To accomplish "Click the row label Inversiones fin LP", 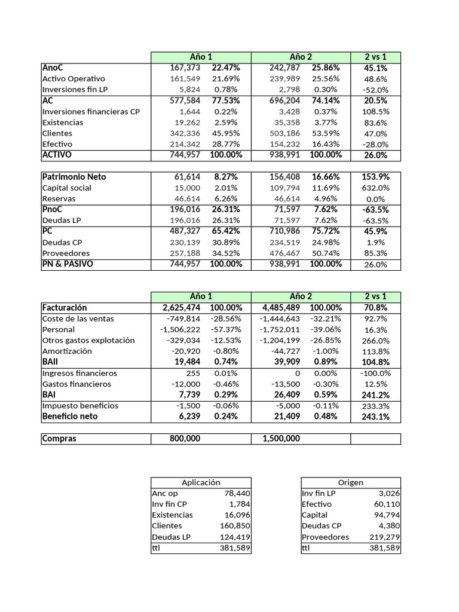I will tap(75, 90).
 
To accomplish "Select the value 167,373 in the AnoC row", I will tap(185, 68).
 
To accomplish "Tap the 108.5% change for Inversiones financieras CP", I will tap(375, 111).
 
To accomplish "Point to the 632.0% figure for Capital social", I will tap(375, 188).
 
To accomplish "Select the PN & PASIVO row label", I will tap(68, 264).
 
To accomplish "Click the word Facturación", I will tap(65, 307).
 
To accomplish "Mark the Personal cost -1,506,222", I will tap(180, 329).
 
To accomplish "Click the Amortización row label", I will tap(67, 351).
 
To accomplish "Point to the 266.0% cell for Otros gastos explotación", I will tap(375, 340).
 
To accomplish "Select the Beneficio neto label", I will tap(70, 416).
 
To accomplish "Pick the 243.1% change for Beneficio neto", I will tap(375, 417).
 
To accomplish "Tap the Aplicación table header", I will tap(201, 482).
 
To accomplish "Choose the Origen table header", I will tap(350, 482).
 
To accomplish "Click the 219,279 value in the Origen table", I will tap(385, 537).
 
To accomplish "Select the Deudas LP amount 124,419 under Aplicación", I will tap(235, 537).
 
